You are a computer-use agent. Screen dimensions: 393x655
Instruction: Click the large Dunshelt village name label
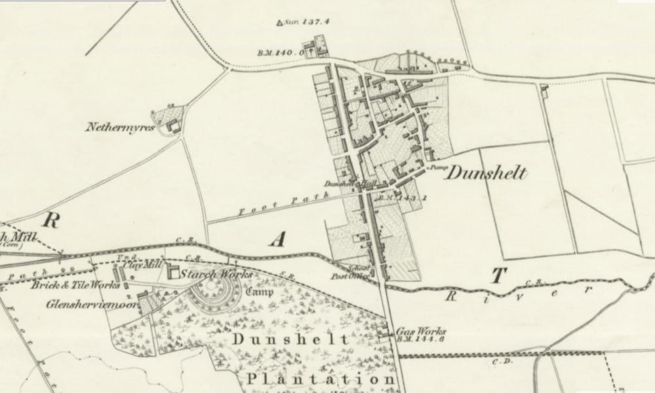click(486, 174)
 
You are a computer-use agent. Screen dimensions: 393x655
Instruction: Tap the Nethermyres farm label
click(119, 127)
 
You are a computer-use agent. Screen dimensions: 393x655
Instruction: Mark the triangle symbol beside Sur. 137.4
click(280, 24)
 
